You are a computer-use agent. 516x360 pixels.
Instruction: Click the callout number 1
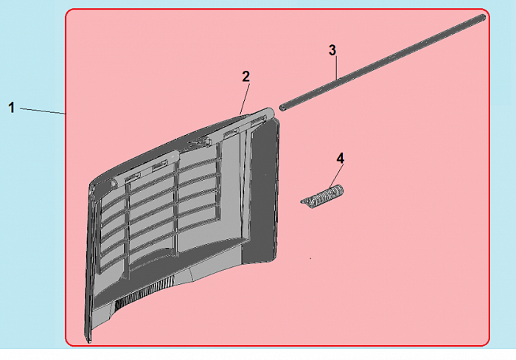[x=11, y=107]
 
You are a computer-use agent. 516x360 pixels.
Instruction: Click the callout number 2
[x=246, y=76]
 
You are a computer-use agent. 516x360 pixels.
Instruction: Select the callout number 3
[x=332, y=50]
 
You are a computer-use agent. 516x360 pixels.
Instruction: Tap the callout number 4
[x=340, y=158]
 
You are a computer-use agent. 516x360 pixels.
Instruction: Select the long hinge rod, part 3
[x=383, y=60]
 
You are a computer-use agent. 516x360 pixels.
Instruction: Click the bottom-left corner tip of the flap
[x=89, y=341]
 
